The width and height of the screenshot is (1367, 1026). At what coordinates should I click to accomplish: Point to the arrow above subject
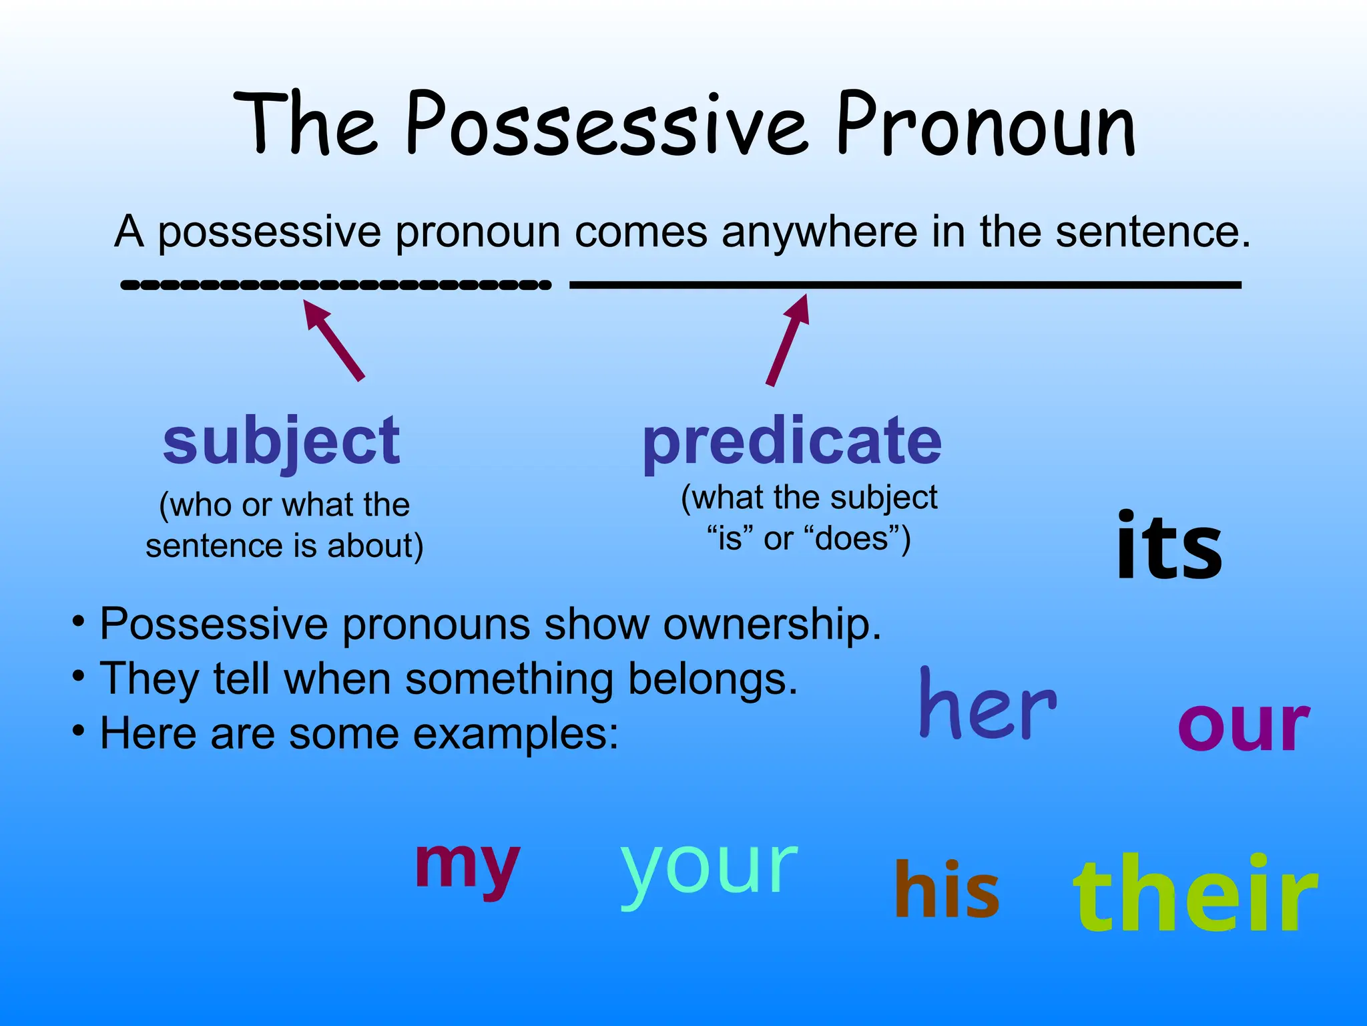(x=334, y=340)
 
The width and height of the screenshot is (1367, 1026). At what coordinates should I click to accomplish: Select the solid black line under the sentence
(x=904, y=285)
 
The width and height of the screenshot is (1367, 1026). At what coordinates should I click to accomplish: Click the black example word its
(x=1169, y=546)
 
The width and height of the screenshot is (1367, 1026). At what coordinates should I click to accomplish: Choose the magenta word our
(x=1244, y=726)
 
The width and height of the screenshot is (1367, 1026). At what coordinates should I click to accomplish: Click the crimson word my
(x=467, y=866)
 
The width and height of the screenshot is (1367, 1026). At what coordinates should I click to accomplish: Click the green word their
(x=1195, y=893)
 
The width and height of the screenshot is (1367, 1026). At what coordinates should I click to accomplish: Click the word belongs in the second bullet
(x=713, y=679)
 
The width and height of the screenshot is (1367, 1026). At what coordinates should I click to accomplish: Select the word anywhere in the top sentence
(x=819, y=232)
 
